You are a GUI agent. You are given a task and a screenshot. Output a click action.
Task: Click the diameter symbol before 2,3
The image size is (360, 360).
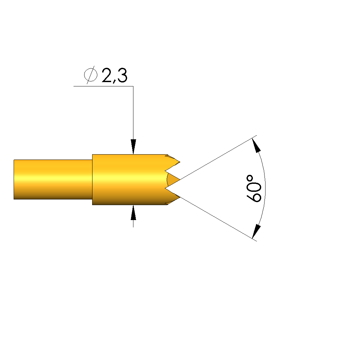pos(90,75)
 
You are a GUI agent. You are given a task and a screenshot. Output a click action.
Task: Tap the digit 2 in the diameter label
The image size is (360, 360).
pos(106,75)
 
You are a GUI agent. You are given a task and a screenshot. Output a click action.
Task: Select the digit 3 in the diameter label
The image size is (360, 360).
pos(122,75)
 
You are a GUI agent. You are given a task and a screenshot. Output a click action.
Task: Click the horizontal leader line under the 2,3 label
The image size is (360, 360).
pos(103,86)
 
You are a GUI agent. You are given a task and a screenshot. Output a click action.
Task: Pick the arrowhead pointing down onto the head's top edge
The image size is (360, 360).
pos(133,147)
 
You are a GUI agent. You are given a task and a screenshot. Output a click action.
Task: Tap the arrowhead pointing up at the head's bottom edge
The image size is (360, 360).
pos(133,212)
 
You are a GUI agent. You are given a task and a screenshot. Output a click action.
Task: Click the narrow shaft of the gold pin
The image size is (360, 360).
pos(53,179)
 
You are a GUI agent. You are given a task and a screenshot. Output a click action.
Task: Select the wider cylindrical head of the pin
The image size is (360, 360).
pos(130,180)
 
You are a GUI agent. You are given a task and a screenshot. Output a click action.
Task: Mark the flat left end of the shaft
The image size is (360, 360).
pos(14,179)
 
